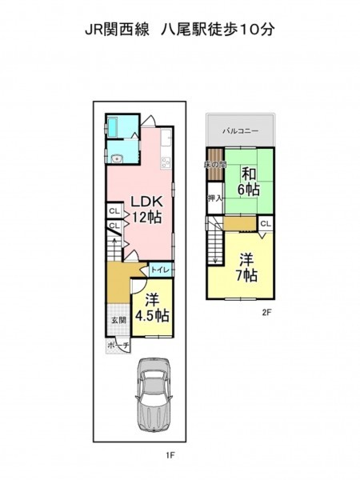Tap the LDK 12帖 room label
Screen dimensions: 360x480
pos(146,210)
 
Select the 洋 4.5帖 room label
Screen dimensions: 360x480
pos(152,308)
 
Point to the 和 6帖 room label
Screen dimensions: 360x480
pos(249,182)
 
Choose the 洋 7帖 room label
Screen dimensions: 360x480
pos(246,267)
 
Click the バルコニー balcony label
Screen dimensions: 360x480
pos(241,131)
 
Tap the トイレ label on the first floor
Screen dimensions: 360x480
pos(160,270)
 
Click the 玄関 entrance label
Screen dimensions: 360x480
pos(118,320)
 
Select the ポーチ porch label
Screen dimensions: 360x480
pos(118,346)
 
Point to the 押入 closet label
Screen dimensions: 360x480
pos(214,198)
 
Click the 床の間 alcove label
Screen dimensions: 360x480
pos(215,165)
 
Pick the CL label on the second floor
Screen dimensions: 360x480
pos(266,224)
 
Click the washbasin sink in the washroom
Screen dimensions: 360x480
pos(117,159)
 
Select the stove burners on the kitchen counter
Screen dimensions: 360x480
pos(166,162)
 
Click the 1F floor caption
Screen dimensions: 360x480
pos(170,455)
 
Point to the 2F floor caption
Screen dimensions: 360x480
pos(266,312)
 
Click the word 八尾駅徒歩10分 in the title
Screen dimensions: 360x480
pos(218,30)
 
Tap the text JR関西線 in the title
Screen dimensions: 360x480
pos(118,30)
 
